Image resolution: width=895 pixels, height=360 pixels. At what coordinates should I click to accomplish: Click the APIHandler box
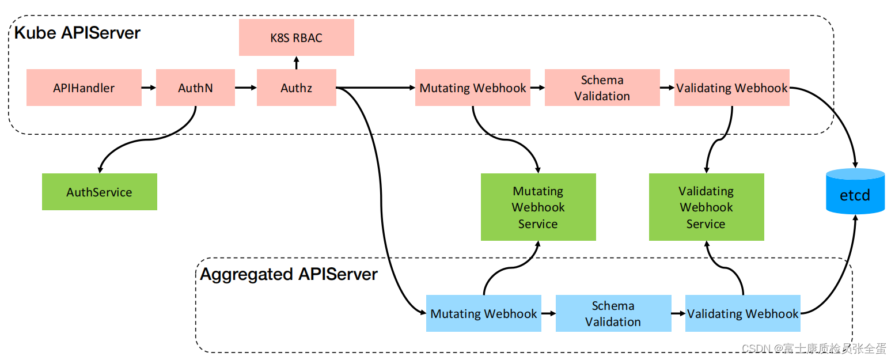point(84,88)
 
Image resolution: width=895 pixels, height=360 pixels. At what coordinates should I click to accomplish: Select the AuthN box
point(195,88)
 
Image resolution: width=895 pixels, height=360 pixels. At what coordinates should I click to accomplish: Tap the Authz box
point(296,88)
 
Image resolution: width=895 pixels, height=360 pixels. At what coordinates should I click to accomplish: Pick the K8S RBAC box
point(296,38)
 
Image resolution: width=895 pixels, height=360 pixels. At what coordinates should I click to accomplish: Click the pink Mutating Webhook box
point(472,88)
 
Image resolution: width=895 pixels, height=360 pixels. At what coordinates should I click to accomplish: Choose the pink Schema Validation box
point(602,88)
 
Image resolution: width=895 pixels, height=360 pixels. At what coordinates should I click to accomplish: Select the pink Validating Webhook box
point(731,88)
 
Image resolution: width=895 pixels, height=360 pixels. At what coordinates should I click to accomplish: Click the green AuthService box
point(99,192)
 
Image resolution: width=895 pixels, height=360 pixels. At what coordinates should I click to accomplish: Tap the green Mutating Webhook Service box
point(538,207)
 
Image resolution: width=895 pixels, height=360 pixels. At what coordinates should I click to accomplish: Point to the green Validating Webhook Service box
point(706,207)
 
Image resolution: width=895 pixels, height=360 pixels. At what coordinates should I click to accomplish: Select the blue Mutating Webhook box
point(483,313)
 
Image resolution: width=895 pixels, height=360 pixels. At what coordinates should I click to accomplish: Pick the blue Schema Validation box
point(613,313)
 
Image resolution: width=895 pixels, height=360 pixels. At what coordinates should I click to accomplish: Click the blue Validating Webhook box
point(742,313)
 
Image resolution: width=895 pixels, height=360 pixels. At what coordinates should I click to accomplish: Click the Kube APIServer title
point(77,33)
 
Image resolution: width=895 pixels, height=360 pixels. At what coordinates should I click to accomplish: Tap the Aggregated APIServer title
point(289,274)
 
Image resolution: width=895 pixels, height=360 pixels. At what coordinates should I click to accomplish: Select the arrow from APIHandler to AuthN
point(149,88)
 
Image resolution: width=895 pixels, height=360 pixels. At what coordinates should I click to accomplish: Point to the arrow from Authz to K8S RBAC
point(296,63)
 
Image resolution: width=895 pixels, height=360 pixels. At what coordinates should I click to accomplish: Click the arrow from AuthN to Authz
point(245,88)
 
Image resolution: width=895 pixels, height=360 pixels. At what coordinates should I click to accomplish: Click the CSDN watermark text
point(813,348)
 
